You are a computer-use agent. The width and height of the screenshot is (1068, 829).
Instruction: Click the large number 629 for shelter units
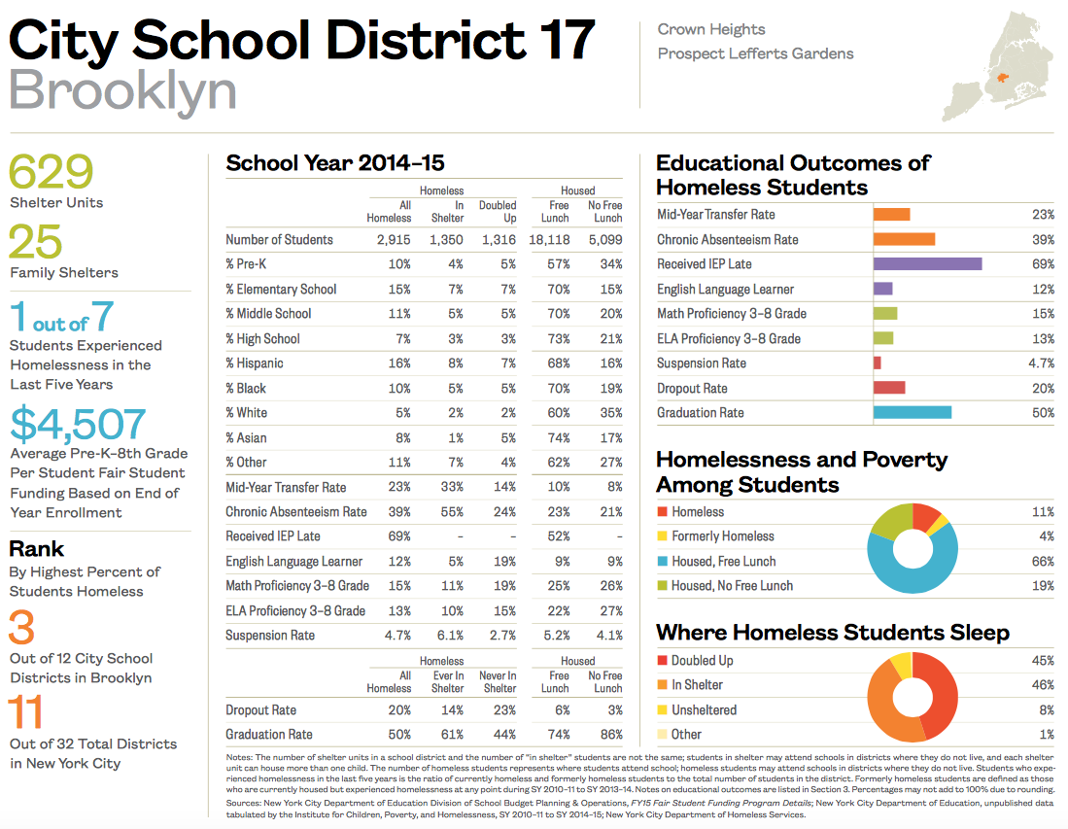tap(52, 172)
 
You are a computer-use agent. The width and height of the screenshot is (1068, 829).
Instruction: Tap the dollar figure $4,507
tap(79, 424)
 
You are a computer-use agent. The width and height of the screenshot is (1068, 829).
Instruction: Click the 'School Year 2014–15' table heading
tap(335, 163)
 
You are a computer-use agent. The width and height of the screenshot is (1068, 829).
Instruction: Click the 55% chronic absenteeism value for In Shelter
tap(452, 511)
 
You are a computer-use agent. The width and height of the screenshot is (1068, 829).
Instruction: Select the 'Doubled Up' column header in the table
tap(498, 211)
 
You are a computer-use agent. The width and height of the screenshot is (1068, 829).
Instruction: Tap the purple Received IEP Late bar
tap(927, 264)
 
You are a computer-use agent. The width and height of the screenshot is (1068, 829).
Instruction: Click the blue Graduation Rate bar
tap(912, 413)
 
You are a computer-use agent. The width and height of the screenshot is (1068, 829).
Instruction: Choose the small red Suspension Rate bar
tap(878, 363)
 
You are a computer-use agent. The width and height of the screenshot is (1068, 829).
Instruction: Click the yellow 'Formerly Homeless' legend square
tap(662, 536)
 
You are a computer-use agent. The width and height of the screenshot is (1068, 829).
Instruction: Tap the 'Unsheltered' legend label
tap(704, 710)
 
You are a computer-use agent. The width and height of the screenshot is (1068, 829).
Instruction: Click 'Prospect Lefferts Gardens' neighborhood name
tap(755, 53)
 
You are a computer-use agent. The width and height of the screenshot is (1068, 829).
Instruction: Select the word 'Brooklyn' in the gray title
tap(122, 90)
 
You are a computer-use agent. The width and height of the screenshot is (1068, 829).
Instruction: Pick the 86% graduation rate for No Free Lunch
tap(610, 735)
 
